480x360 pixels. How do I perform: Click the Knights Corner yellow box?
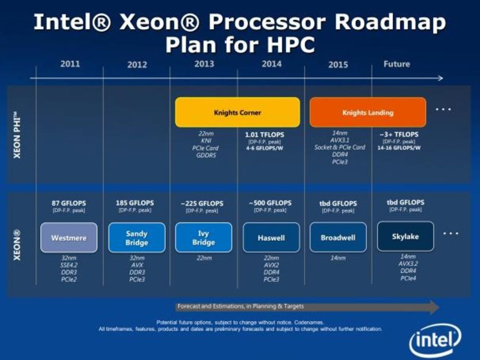[237, 112]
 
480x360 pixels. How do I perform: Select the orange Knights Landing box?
[367, 112]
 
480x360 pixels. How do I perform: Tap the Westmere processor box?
[69, 238]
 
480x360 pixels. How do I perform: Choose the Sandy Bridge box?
[136, 238]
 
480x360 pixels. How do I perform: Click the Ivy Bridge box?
[203, 238]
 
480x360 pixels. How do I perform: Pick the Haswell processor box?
[271, 238]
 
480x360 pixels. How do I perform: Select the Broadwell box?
[338, 238]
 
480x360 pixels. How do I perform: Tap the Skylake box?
[405, 236]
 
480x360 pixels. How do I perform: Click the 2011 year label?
[70, 64]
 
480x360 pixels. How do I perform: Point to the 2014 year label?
[271, 64]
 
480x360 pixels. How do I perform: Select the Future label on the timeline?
[396, 64]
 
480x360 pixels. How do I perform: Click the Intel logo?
[435, 340]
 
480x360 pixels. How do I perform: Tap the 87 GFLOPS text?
[69, 203]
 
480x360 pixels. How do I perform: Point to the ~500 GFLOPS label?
[270, 203]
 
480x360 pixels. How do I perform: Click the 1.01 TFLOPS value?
[264, 134]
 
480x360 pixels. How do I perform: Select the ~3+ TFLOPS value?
[399, 134]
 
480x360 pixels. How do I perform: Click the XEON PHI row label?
[17, 135]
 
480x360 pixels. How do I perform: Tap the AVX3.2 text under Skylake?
[408, 264]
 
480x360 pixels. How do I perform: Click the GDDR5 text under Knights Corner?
[206, 155]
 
